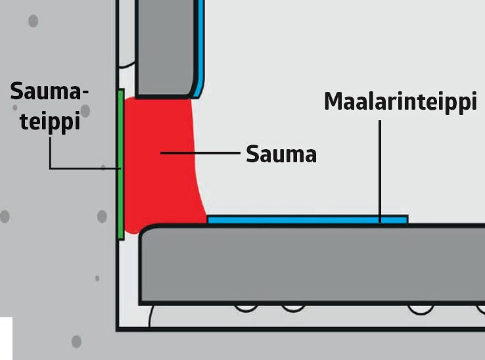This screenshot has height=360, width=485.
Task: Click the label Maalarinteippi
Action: tap(400, 103)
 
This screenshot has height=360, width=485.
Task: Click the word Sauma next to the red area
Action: tap(281, 154)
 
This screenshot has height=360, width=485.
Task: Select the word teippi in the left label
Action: tap(50, 122)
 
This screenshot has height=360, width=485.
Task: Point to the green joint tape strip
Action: tap(120, 164)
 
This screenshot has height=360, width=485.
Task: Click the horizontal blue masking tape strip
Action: tap(307, 219)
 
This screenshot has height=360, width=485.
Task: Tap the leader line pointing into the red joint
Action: tap(200, 153)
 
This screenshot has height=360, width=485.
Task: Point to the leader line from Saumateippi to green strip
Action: tap(72, 169)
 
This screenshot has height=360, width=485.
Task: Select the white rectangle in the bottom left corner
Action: tap(6, 338)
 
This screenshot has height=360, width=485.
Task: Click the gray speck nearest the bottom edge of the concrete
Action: tap(76, 341)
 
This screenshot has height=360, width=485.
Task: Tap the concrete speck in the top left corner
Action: tap(33, 21)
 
